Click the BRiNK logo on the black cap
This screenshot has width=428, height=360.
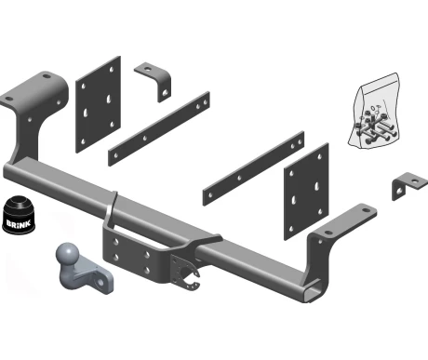tap(19, 224)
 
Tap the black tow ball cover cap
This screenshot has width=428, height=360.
tap(19, 215)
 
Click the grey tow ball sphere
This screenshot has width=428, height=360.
tap(67, 253)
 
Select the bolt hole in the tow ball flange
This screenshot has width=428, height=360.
tap(101, 282)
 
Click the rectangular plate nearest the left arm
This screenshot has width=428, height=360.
tap(98, 104)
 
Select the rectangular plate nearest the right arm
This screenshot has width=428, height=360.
tap(306, 192)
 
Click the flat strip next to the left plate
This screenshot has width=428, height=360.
tap(159, 128)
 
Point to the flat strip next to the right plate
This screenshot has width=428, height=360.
tap(253, 168)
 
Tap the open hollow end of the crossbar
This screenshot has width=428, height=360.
tap(314, 291)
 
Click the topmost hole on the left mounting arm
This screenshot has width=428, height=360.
tap(47, 76)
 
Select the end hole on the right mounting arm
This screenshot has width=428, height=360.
tap(367, 210)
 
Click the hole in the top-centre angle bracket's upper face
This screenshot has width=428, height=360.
tap(147, 67)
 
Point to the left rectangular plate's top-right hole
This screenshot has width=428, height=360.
tap(112, 70)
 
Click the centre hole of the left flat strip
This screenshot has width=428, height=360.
tap(144, 138)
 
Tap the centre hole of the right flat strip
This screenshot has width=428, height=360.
tap(239, 178)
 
